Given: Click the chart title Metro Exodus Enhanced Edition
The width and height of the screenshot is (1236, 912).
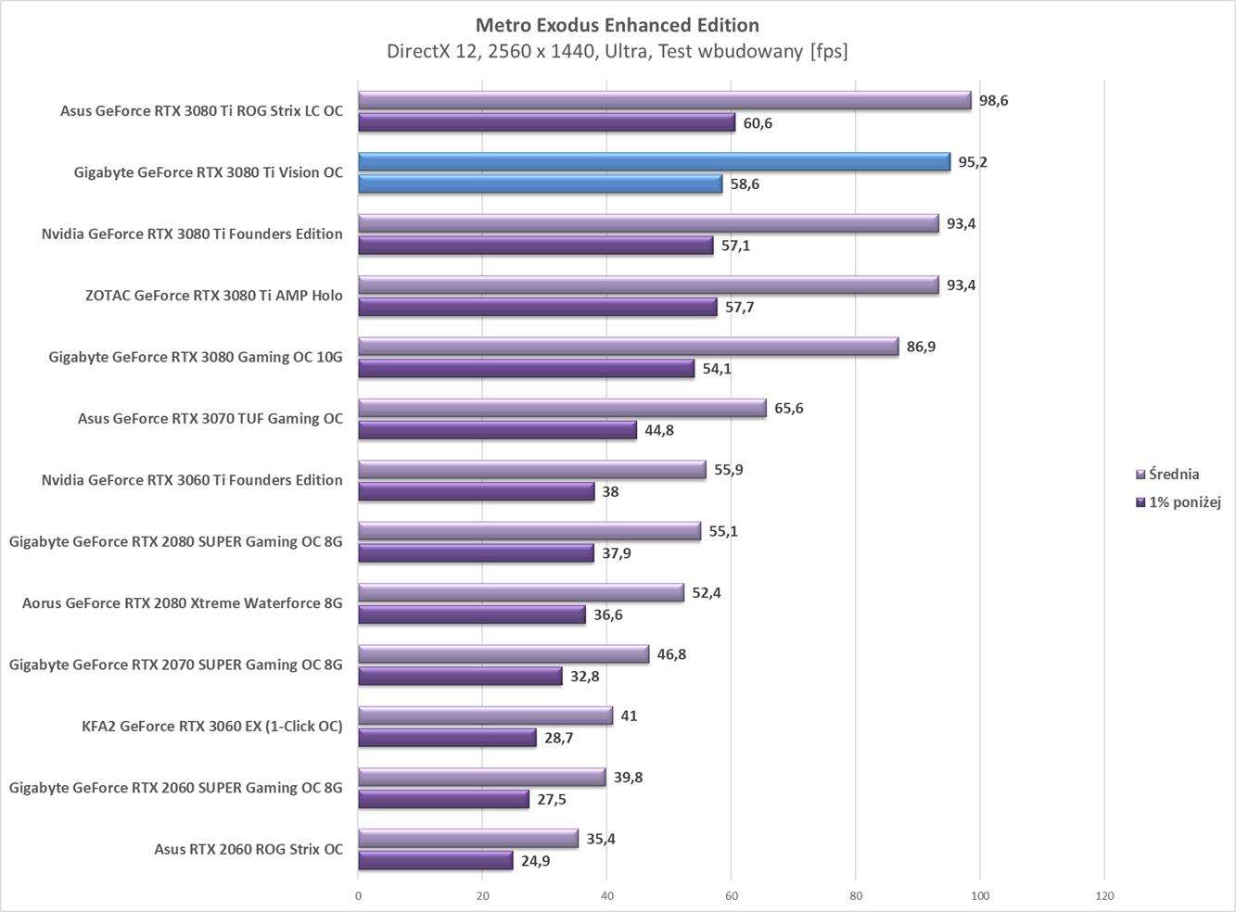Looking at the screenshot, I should (x=617, y=25).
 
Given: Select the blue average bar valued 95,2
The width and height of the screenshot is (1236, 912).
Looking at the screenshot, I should (x=654, y=162).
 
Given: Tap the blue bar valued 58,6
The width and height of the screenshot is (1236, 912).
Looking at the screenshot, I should (x=540, y=184).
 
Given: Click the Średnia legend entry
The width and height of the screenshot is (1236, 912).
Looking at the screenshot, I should (x=1173, y=475).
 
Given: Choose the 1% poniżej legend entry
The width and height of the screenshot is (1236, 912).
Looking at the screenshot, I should (x=1184, y=502).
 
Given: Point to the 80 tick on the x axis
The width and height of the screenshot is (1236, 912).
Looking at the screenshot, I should (x=855, y=896).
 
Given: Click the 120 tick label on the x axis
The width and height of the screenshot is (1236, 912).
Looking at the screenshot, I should (x=1104, y=896).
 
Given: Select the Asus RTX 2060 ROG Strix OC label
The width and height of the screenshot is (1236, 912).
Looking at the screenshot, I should (x=248, y=849).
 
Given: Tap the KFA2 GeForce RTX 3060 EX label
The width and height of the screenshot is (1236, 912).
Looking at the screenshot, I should (x=212, y=726).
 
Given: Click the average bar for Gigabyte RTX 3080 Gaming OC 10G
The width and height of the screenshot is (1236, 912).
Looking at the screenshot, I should (x=628, y=347).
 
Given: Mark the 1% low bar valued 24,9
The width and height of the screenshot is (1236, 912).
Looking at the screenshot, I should (x=435, y=861).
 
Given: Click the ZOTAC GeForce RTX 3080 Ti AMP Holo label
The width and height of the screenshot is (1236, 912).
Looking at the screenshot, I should (x=213, y=296).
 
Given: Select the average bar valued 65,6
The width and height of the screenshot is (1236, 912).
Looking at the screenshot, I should (x=562, y=409).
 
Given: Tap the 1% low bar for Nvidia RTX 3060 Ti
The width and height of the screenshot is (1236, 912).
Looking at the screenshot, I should (x=476, y=492).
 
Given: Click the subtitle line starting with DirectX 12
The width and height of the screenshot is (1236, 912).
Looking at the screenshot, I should (x=617, y=52).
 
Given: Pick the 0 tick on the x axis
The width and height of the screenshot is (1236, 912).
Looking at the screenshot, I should (x=359, y=896).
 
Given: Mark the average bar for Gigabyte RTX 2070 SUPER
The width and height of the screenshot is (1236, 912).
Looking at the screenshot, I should (x=503, y=654).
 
